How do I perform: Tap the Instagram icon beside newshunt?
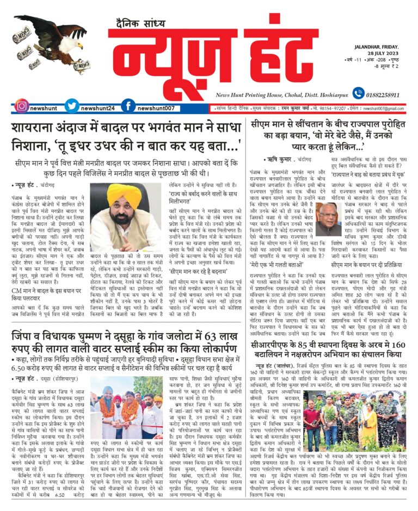(22, 105)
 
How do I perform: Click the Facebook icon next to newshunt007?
(127, 105)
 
